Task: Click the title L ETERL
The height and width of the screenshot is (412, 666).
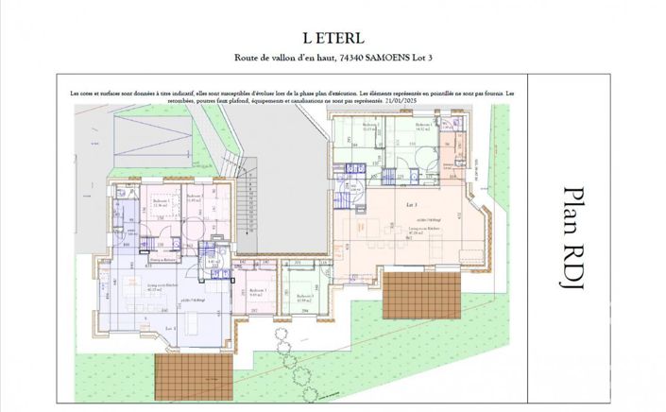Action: pyautogui.click(x=333, y=38)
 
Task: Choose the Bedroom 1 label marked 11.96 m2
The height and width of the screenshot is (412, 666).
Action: pyautogui.click(x=161, y=203)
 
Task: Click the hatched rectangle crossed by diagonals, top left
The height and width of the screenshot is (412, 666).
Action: pyautogui.click(x=151, y=142)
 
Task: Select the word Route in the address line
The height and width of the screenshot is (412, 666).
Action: pyautogui.click(x=249, y=58)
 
